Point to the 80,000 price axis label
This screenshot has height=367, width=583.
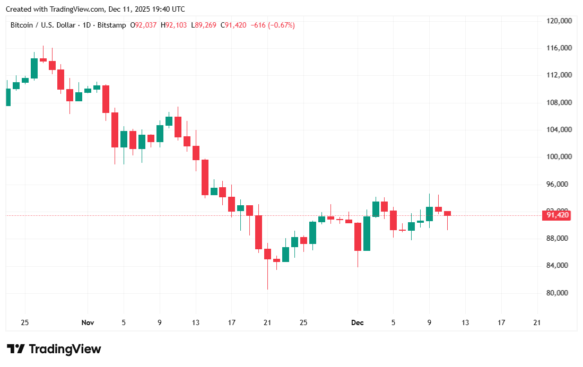pos(560,293)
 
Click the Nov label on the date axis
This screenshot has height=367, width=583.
pos(88,322)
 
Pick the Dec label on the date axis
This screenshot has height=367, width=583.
pos(357,322)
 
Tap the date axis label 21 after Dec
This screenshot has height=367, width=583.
pos(537,322)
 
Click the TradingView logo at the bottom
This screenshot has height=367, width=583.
pos(54,349)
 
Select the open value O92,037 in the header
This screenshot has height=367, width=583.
pos(143,25)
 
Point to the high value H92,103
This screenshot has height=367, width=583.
pos(173,25)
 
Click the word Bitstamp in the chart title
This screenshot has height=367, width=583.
pos(112,25)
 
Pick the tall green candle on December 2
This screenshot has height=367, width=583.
pos(367,233)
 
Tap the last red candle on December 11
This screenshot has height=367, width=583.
pos(447,213)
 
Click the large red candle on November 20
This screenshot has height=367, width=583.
pos(258,232)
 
